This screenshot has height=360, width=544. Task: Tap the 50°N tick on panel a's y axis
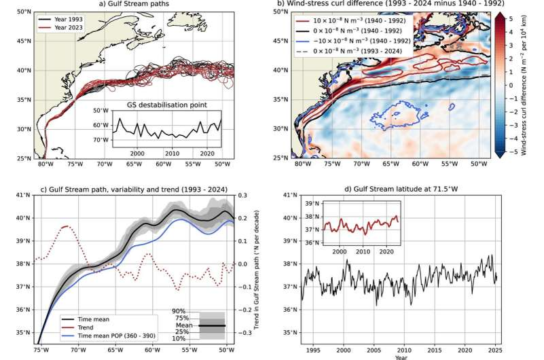pyautogui.click(x=23, y=12)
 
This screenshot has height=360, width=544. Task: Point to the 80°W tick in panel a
pyautogui.click(x=45, y=164)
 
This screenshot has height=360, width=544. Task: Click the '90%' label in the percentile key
pyautogui.click(x=179, y=310)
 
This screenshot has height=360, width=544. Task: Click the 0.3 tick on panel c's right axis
pyautogui.click(x=242, y=195)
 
